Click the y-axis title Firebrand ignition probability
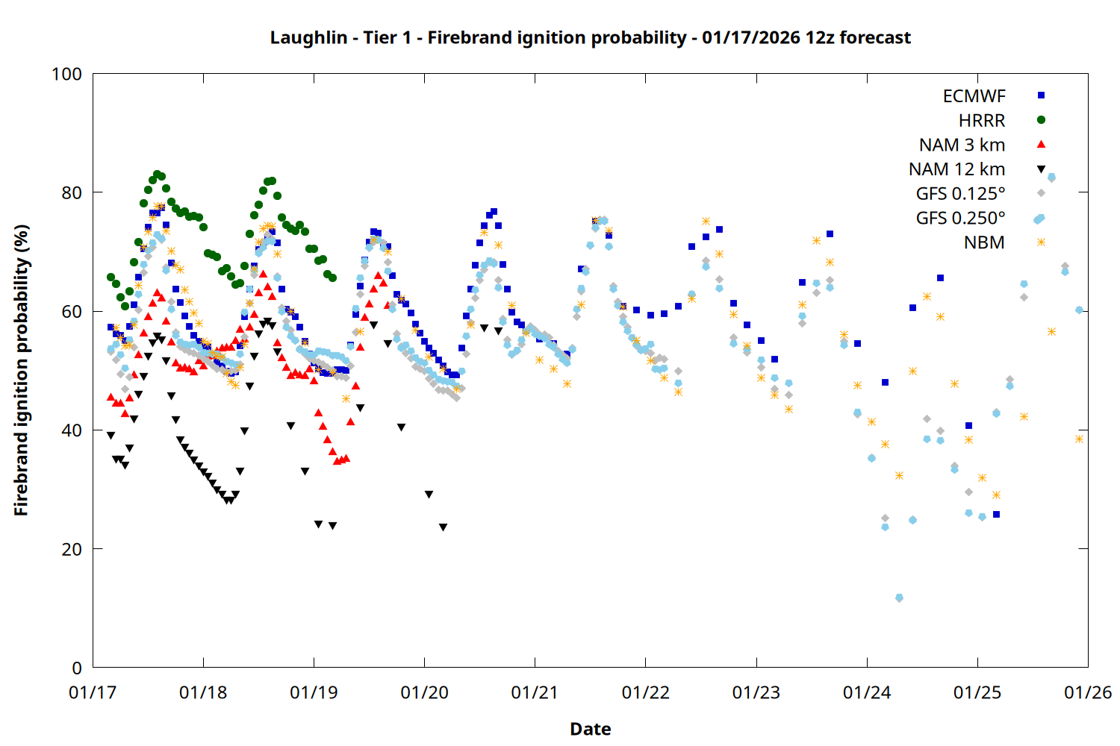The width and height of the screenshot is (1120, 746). (21, 370)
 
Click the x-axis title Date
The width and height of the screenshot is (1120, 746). (590, 729)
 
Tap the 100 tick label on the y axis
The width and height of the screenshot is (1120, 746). (66, 74)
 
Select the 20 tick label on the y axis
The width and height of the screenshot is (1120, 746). (72, 549)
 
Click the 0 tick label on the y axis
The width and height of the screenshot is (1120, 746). (77, 668)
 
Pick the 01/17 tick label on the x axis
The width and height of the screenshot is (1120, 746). (93, 692)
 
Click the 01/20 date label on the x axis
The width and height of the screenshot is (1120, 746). (424, 692)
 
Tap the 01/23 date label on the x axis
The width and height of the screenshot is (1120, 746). (756, 692)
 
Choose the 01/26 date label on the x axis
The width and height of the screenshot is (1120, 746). (1088, 692)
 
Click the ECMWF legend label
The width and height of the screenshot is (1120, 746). (974, 96)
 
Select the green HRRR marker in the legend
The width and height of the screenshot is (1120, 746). (1041, 120)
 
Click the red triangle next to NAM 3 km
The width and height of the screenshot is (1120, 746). (1041, 144)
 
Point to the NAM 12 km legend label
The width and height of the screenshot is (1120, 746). (956, 169)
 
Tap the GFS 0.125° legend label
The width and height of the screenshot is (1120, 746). (960, 194)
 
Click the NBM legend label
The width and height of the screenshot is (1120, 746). (984, 242)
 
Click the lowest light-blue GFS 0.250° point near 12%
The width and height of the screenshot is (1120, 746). (899, 598)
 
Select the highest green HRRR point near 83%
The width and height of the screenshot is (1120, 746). (157, 175)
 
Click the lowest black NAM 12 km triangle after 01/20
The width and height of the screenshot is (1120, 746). (443, 527)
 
